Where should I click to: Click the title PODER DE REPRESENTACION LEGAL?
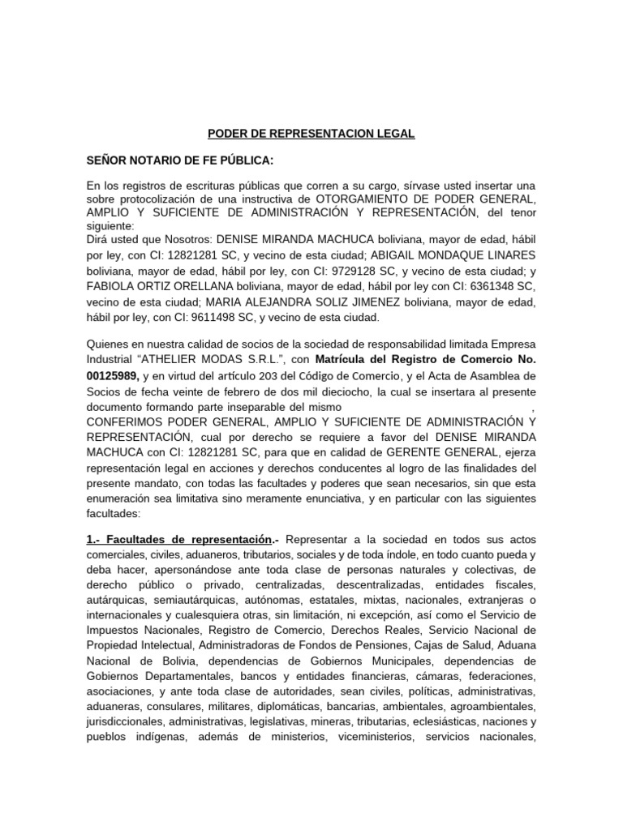pos(311,134)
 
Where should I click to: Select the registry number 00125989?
pos(113,376)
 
